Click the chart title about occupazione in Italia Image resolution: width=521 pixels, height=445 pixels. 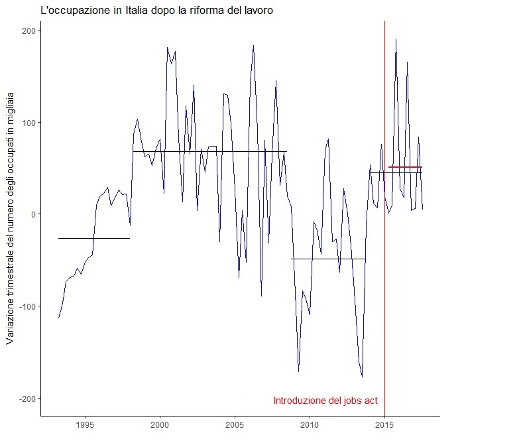coord(156,11)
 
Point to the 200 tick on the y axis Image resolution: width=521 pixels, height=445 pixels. coord(29,31)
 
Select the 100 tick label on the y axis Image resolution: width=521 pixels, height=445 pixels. coord(29,123)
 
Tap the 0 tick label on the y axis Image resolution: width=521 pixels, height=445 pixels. coord(33,214)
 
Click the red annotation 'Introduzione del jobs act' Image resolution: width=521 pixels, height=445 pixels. coord(325,401)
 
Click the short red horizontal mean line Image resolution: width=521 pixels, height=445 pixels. coord(405,167)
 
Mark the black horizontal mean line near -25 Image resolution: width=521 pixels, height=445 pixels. coord(93,238)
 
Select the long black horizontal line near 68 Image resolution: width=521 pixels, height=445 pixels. coord(209,152)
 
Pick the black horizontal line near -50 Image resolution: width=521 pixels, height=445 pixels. coord(328,259)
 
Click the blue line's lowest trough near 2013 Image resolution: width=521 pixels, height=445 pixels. coord(362,377)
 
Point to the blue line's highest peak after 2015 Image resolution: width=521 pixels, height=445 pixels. coord(396,40)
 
